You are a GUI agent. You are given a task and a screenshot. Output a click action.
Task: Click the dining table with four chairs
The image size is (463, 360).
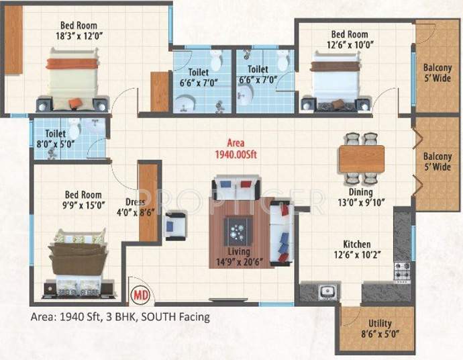(x=361, y=159)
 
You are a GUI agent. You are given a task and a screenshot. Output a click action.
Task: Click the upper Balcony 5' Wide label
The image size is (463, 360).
(x=437, y=73)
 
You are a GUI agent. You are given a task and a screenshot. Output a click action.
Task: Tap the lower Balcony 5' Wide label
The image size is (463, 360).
(x=437, y=162)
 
